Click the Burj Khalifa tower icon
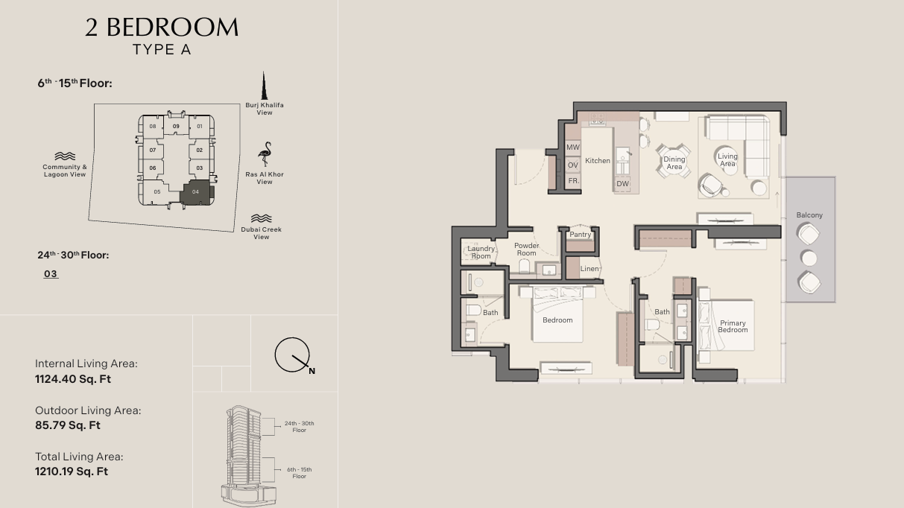[x=265, y=86]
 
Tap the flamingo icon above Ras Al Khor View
[x=265, y=153]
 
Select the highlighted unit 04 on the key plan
[x=197, y=192]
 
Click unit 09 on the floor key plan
[x=176, y=127]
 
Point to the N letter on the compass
[x=312, y=371]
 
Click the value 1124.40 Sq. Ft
[x=73, y=379]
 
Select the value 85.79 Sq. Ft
[x=68, y=425]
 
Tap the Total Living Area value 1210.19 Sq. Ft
[x=72, y=472]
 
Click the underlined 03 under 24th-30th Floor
[x=51, y=274]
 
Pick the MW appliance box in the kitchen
[x=572, y=147]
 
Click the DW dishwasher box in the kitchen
[x=622, y=183]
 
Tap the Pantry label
[x=581, y=235]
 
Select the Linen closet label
[x=590, y=269]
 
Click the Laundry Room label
[x=481, y=253]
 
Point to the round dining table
[x=674, y=161]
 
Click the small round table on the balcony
[x=809, y=258]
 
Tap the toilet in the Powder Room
[x=524, y=267]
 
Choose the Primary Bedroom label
[x=733, y=326]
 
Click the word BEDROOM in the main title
[x=172, y=28]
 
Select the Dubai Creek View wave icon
[x=261, y=218]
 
